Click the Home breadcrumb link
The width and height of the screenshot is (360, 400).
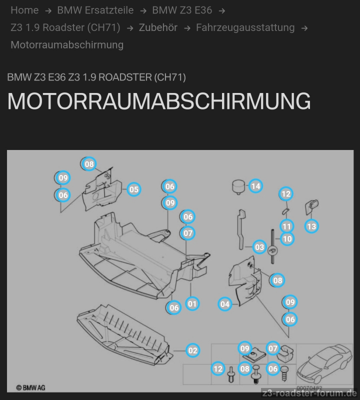click(x=24, y=10)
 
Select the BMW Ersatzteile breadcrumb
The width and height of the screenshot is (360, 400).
click(x=95, y=10)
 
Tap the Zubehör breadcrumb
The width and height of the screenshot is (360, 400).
click(x=158, y=27)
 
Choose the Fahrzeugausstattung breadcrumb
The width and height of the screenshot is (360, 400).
click(x=245, y=27)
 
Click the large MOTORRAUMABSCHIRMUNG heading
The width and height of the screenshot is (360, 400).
click(x=159, y=101)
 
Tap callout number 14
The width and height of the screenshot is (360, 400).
click(x=255, y=186)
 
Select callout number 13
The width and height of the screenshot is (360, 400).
click(x=311, y=226)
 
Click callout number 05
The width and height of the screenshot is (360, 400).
click(x=133, y=189)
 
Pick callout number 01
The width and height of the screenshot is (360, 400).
click(x=192, y=304)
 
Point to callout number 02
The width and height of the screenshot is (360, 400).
click(x=192, y=350)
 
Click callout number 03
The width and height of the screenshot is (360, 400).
click(x=259, y=247)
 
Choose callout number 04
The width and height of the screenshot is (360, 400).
click(x=225, y=304)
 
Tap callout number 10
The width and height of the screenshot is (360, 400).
click(x=287, y=239)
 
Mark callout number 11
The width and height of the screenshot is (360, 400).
click(x=287, y=226)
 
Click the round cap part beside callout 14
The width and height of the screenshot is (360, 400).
click(x=238, y=187)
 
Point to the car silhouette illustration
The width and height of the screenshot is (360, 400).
click(x=324, y=363)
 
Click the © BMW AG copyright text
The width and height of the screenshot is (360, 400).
click(x=30, y=388)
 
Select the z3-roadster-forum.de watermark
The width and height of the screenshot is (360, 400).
click(x=309, y=393)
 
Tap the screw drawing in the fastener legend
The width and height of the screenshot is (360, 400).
click(x=284, y=373)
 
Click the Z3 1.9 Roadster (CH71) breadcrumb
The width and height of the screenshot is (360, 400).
click(x=65, y=27)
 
